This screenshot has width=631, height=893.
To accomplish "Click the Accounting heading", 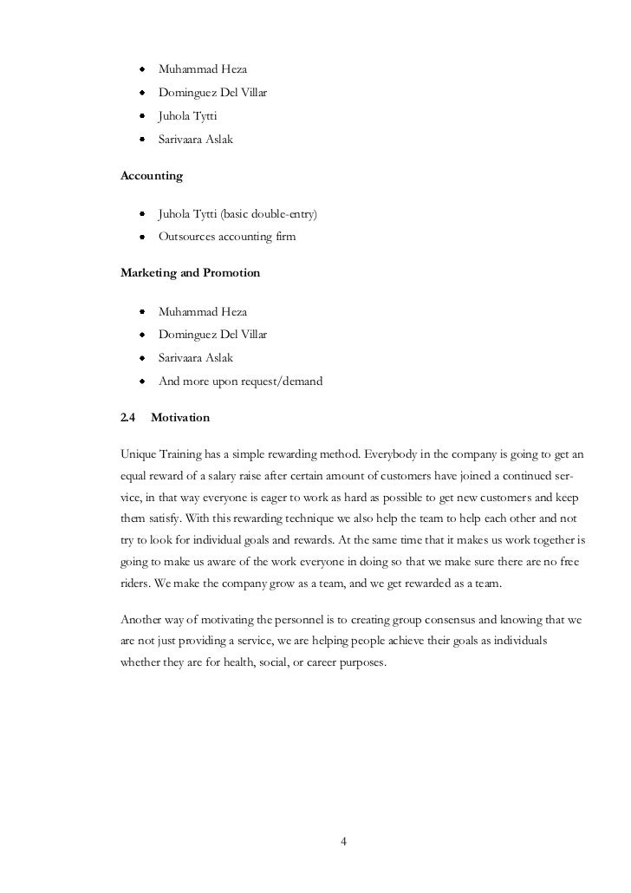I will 151,176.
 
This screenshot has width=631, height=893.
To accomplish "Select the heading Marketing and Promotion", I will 190,273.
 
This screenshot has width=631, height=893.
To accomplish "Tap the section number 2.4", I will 127,418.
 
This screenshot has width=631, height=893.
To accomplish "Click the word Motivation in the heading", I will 180,418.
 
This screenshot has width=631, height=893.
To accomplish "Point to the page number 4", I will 344,842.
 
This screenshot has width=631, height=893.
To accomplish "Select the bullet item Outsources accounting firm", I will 226,236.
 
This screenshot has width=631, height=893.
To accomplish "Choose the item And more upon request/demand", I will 240,381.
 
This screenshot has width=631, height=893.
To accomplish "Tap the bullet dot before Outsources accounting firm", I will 140,236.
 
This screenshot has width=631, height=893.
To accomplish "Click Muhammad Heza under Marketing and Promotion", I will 202,311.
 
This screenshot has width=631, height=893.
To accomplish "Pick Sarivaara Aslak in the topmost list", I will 195,139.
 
